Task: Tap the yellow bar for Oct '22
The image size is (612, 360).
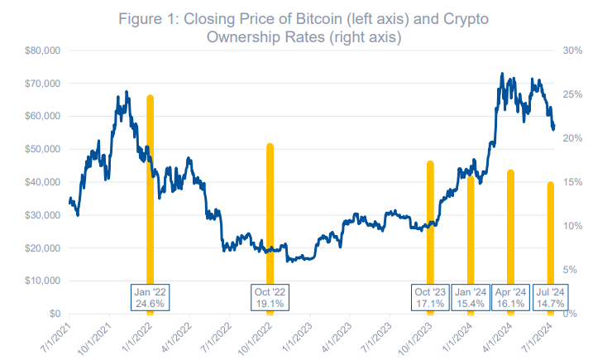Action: (x=270, y=207)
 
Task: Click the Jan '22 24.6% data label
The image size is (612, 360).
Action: (x=151, y=297)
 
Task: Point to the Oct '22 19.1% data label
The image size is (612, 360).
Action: (x=270, y=297)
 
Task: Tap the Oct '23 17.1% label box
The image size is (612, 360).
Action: (x=430, y=297)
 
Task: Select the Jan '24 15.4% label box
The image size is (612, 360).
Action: (x=471, y=297)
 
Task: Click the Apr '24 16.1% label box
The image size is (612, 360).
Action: (x=511, y=297)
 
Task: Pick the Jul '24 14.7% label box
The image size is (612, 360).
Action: (x=551, y=297)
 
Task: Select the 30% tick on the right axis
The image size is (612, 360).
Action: (x=573, y=50)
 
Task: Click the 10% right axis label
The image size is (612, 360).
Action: (x=573, y=226)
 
